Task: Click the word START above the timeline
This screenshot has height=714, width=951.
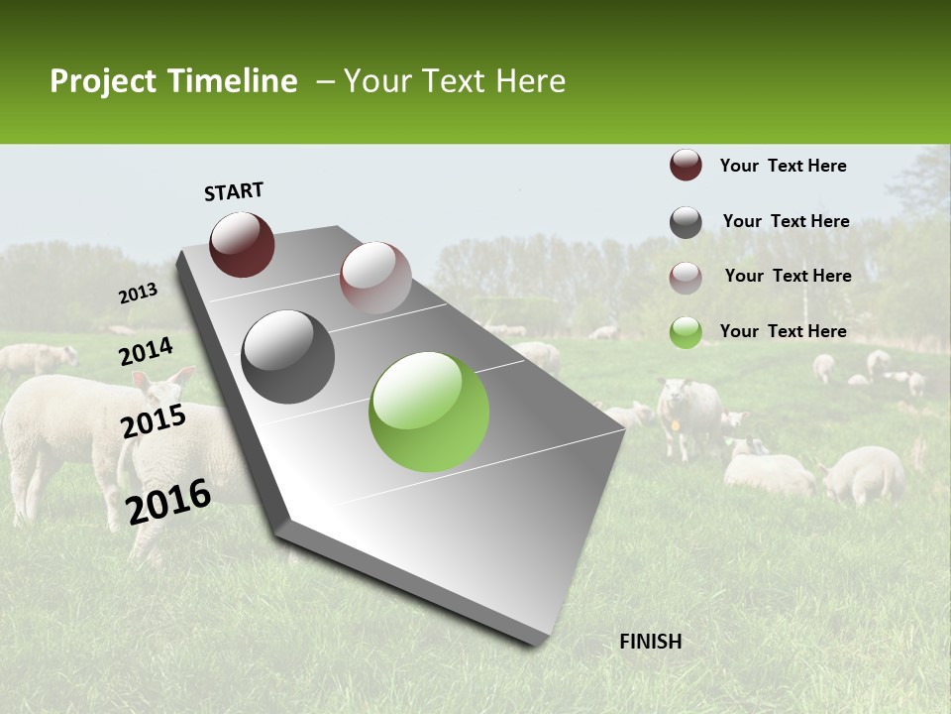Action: pyautogui.click(x=234, y=191)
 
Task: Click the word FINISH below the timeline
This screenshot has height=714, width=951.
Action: pyautogui.click(x=650, y=642)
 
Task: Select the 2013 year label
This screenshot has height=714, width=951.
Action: pyautogui.click(x=138, y=294)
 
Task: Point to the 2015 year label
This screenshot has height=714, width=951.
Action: pyautogui.click(x=153, y=421)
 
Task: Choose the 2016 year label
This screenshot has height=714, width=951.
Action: pyautogui.click(x=168, y=501)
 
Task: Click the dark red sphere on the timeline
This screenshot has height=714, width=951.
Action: pyautogui.click(x=242, y=244)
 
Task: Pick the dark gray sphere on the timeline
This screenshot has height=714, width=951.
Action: pyautogui.click(x=288, y=357)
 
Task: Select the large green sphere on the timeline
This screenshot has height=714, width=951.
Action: pyautogui.click(x=429, y=412)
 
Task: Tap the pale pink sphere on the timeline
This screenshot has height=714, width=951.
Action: pyautogui.click(x=375, y=278)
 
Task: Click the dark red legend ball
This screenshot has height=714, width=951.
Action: pyautogui.click(x=686, y=166)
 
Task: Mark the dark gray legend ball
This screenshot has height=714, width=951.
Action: pyautogui.click(x=686, y=222)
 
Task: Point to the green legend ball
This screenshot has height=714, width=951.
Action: pyautogui.click(x=686, y=332)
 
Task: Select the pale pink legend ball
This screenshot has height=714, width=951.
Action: pyautogui.click(x=686, y=278)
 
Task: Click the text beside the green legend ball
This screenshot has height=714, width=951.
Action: pyautogui.click(x=783, y=331)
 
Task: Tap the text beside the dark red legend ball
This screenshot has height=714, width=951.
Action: pyautogui.click(x=783, y=166)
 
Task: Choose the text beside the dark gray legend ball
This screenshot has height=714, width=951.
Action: pyautogui.click(x=786, y=221)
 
